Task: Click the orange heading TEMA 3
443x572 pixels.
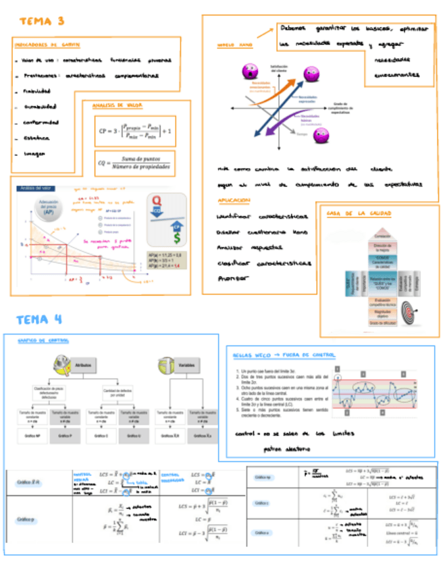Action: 42,21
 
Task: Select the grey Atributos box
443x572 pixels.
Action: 87,363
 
